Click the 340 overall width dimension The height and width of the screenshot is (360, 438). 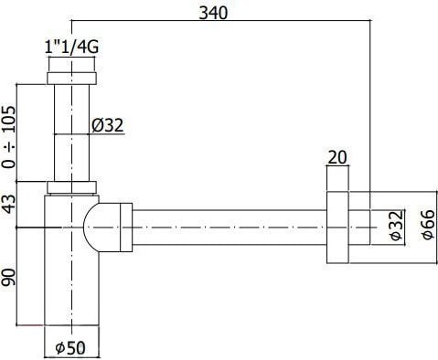[212, 11]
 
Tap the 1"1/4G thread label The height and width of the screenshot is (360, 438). [69, 47]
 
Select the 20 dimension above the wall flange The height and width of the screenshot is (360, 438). [336, 156]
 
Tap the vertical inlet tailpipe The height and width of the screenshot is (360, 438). [69, 132]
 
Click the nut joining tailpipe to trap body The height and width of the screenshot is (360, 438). [70, 188]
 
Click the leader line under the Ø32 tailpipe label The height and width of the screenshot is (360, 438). [110, 136]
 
